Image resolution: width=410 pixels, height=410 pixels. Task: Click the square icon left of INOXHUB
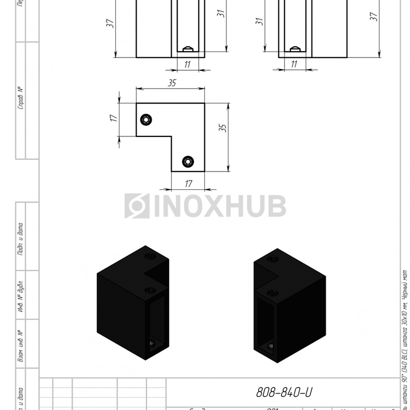click(136, 206)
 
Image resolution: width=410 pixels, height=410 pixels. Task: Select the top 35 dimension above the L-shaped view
click(172, 83)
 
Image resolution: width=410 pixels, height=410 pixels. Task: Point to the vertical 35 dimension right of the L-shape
click(223, 127)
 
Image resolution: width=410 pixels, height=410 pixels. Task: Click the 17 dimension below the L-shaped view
click(188, 184)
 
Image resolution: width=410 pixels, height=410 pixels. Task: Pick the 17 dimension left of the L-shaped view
click(114, 118)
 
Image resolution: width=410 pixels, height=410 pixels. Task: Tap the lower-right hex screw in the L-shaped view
click(188, 161)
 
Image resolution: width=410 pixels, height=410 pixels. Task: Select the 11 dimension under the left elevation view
click(187, 64)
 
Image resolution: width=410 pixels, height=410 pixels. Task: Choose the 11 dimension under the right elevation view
click(294, 64)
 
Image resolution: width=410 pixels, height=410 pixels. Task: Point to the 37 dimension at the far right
click(373, 18)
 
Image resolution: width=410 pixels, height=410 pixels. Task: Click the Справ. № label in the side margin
click(20, 98)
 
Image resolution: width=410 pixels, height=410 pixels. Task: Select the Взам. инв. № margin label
click(20, 346)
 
